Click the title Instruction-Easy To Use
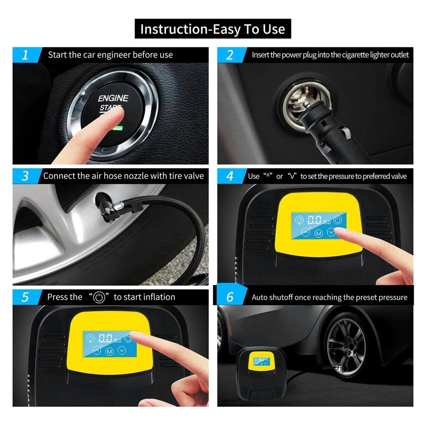tap(212, 29)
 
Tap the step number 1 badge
tap(26, 55)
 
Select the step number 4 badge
tap(231, 176)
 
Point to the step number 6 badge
tap(231, 297)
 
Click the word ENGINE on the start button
tap(113, 98)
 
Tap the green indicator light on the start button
tap(118, 127)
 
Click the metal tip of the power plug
tap(305, 103)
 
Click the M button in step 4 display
tap(318, 233)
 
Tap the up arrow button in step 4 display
tap(306, 232)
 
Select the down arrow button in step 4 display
tap(331, 232)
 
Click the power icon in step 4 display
tap(338, 219)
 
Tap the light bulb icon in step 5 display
tap(91, 339)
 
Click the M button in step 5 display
tap(110, 352)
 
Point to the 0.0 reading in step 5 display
tap(105, 338)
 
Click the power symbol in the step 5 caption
tap(99, 297)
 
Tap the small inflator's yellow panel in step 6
tap(259, 361)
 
